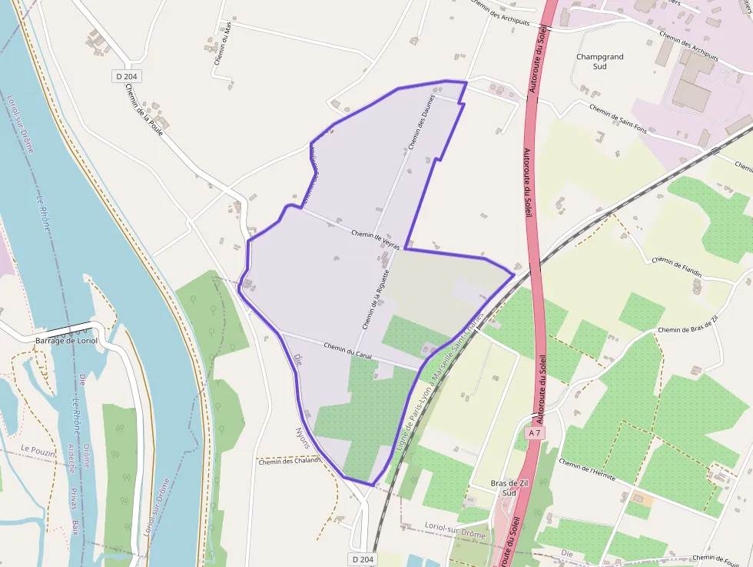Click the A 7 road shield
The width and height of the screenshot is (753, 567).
[x=535, y=434]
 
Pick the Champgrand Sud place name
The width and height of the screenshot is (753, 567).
[x=600, y=62]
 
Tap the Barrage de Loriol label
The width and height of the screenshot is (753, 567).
[x=66, y=340]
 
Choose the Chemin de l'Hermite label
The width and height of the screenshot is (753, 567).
[x=587, y=469]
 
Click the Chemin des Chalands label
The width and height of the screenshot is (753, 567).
[x=289, y=462]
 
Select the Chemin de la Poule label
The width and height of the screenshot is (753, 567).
[x=144, y=109]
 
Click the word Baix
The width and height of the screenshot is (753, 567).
[x=75, y=526]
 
